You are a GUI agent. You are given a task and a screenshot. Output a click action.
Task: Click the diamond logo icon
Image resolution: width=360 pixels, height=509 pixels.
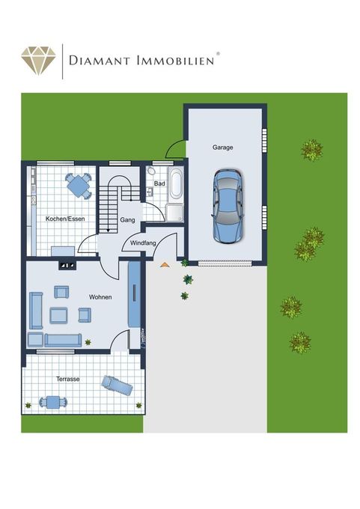(39, 61)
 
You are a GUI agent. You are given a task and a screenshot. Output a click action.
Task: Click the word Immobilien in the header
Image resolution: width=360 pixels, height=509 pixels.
(176, 61)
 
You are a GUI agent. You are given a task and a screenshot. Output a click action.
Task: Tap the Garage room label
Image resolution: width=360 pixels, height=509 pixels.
(223, 147)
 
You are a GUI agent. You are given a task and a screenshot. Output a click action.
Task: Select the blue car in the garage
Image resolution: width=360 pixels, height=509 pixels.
(228, 206)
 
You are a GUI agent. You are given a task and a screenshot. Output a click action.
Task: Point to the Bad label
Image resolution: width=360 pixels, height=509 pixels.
(159, 183)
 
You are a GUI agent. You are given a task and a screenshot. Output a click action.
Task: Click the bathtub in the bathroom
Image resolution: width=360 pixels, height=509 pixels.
(176, 183)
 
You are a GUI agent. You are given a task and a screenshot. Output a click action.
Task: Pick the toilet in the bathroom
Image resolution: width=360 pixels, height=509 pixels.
(150, 171)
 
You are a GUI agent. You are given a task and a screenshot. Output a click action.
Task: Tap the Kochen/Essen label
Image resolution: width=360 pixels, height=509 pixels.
(65, 219)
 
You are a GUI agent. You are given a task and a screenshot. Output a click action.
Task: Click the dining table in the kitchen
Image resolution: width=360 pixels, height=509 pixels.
(79, 186)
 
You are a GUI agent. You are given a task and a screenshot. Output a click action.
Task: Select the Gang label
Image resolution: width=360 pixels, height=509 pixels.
(127, 220)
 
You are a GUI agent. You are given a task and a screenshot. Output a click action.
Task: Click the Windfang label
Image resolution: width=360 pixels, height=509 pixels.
(143, 243)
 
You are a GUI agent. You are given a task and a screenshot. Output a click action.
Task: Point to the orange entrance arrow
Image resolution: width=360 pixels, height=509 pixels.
(165, 265)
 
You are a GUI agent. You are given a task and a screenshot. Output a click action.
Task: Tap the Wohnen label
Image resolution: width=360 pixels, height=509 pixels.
(100, 297)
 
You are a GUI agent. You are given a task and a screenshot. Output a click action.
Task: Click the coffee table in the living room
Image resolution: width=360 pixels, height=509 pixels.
(59, 316)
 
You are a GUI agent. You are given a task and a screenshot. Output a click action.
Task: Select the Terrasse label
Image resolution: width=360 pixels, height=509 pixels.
(68, 379)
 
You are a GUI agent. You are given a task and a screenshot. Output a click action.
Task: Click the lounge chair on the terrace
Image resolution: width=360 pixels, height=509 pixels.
(117, 385)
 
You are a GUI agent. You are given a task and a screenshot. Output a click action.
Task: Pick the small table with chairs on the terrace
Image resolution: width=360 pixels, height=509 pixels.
(53, 402)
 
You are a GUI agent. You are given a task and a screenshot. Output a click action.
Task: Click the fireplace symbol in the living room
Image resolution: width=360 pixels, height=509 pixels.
(67, 265)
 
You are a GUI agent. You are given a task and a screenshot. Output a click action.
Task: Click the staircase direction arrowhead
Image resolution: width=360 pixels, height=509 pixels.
(108, 230)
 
